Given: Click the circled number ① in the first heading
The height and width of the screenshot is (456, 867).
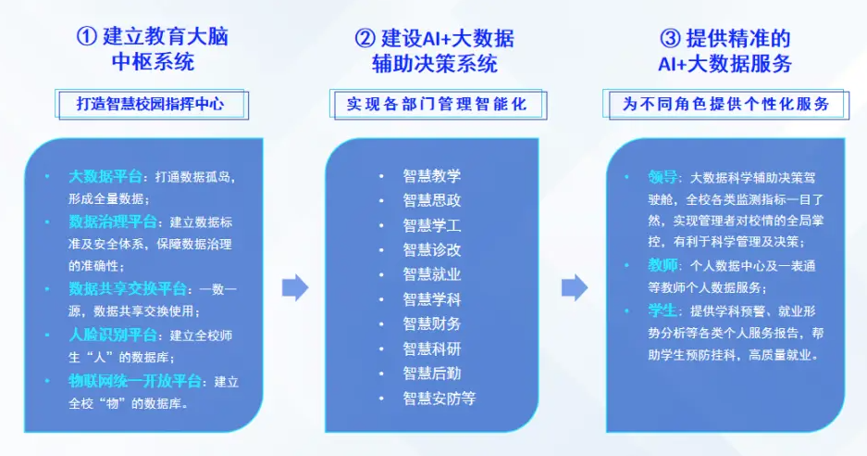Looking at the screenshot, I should (86, 37).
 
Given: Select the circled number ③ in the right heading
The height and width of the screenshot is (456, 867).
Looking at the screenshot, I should (669, 38).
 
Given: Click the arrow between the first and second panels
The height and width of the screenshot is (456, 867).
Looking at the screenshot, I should (294, 287).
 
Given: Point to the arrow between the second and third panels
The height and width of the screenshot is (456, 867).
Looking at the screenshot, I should (575, 287).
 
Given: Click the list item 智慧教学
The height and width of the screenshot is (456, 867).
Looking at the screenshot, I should (431, 175).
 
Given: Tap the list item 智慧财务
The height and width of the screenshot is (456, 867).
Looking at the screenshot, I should (431, 323).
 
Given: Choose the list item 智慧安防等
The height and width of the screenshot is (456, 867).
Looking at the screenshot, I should (439, 399).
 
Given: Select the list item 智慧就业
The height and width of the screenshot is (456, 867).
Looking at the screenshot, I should (431, 273).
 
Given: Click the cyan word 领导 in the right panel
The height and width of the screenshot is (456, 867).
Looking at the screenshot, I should (663, 176).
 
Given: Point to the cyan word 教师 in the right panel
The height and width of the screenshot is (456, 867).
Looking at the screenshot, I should (663, 266).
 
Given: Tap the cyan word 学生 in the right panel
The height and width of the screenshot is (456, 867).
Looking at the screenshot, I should (663, 310).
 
